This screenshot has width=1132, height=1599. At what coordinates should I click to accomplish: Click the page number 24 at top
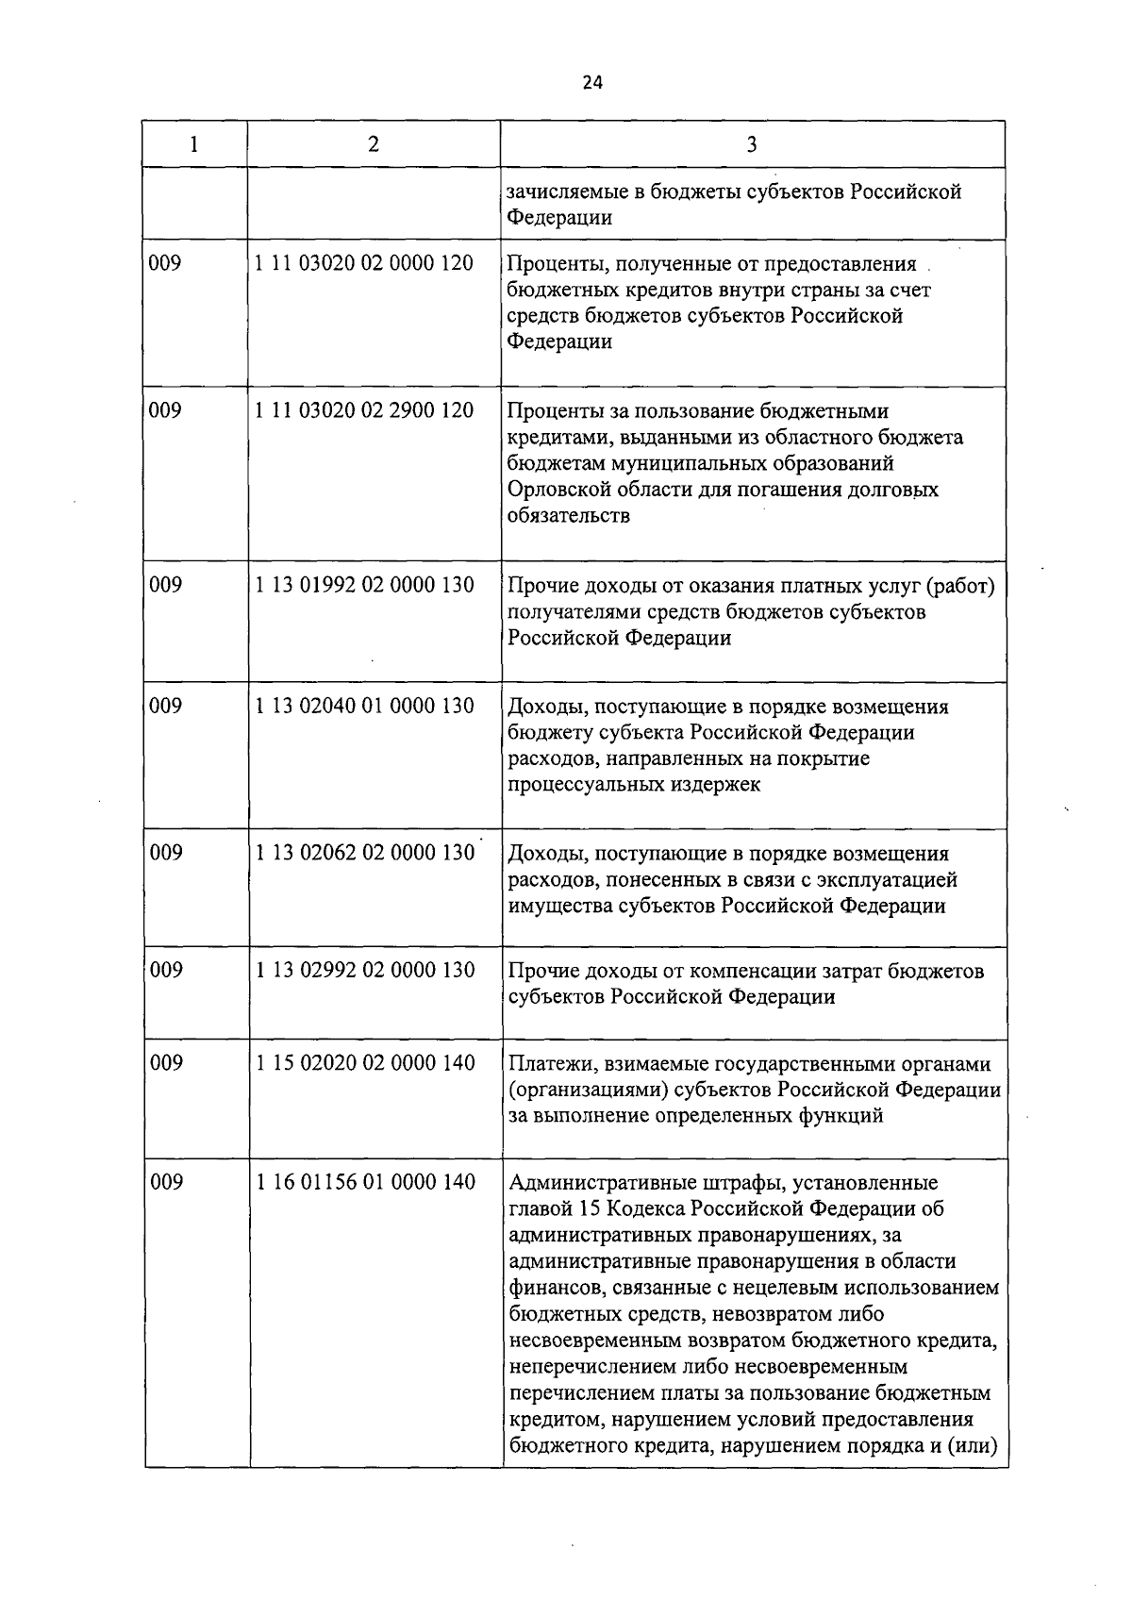(591, 82)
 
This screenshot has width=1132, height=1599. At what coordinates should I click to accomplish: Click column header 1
(194, 144)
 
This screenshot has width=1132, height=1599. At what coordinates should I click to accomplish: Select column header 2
(374, 144)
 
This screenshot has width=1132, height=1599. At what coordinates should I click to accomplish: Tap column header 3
(751, 144)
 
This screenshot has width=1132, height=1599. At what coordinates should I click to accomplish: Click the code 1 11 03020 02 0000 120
(364, 263)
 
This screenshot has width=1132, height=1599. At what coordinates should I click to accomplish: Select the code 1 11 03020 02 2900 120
(364, 410)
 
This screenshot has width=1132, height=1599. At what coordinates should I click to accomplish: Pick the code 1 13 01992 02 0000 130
(364, 585)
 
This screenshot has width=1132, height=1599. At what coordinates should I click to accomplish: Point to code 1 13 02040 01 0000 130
(364, 706)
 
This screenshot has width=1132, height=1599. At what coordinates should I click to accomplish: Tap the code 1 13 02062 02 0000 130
(364, 853)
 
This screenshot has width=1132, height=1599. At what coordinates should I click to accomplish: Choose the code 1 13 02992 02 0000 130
(364, 970)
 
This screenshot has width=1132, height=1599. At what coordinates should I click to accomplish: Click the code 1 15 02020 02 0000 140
(364, 1063)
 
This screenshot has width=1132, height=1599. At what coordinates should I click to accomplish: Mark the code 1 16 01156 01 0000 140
(364, 1182)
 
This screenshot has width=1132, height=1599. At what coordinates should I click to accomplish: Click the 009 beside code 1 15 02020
(166, 1063)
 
